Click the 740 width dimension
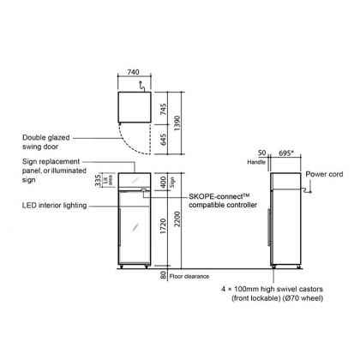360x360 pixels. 133,72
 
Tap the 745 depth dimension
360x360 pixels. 163,109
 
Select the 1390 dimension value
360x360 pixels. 177,123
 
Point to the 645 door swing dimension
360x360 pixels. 163,140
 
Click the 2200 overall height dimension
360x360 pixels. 177,219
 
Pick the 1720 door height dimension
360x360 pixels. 163,226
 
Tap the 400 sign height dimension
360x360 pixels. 163,182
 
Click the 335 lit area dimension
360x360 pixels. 98,181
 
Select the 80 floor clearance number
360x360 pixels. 163,275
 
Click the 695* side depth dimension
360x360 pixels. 286,153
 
